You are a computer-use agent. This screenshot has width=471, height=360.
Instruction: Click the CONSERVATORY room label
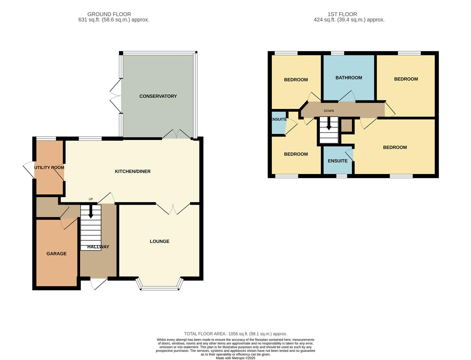[x=158, y=96]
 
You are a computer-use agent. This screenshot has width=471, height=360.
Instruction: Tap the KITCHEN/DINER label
[x=132, y=171]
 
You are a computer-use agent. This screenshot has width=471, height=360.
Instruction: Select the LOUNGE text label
[x=159, y=241]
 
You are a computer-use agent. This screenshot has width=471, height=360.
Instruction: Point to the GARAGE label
[x=56, y=254]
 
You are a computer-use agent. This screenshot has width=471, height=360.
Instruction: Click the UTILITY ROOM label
[x=49, y=167]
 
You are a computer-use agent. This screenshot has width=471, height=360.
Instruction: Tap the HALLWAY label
[x=98, y=247]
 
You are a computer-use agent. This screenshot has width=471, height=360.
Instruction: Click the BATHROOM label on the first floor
[x=349, y=78]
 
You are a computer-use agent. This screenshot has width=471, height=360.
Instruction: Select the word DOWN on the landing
[x=329, y=111]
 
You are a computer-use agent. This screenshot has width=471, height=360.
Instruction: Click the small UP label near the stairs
[x=91, y=199]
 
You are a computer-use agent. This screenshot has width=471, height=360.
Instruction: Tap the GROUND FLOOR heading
[x=109, y=14]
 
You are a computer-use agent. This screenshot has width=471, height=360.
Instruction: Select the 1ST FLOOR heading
[x=342, y=14]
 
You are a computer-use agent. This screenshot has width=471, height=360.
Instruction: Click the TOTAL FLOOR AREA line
[x=235, y=334]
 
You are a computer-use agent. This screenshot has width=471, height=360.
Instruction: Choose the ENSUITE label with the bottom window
[x=338, y=161]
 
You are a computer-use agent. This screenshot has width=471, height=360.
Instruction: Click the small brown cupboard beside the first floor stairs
[x=346, y=126]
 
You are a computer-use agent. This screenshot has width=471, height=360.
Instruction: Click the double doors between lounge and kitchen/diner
[x=173, y=209]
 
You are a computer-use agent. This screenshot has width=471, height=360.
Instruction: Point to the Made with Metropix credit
[x=235, y=358]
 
